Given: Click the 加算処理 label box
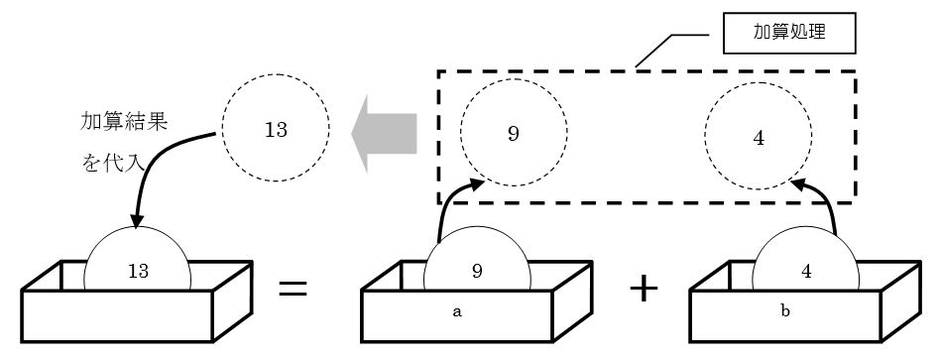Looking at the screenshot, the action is (789, 33).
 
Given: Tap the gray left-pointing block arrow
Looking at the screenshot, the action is (384, 133).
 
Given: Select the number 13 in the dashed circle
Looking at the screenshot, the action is (276, 130).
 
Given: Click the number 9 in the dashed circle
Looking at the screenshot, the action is (514, 134).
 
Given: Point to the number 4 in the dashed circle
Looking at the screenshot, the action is (759, 139).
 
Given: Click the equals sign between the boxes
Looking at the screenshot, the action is (293, 289).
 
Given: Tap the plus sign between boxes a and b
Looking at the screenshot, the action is (644, 289).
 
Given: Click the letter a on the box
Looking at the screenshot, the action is (457, 312).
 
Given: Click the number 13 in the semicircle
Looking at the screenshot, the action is (138, 272).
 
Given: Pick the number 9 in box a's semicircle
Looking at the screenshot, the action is (477, 272).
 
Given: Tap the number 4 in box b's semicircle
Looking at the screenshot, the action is (806, 272).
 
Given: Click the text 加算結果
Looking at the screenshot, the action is (124, 123).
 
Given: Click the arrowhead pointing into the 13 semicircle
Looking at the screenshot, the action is (136, 221).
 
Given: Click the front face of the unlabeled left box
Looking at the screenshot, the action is (117, 316).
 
